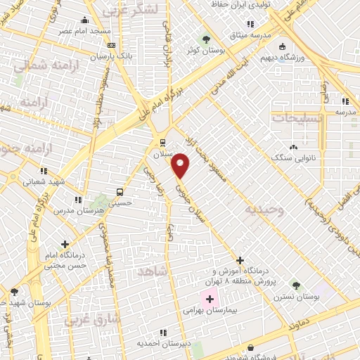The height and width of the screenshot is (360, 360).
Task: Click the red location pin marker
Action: tap(181, 166)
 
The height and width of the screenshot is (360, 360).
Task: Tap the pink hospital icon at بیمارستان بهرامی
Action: tap(209, 300)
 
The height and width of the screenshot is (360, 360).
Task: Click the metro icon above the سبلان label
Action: tap(162, 141)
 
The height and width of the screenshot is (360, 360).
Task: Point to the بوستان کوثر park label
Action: tap(208, 51)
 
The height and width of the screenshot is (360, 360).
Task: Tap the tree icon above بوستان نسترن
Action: tap(298, 285)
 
